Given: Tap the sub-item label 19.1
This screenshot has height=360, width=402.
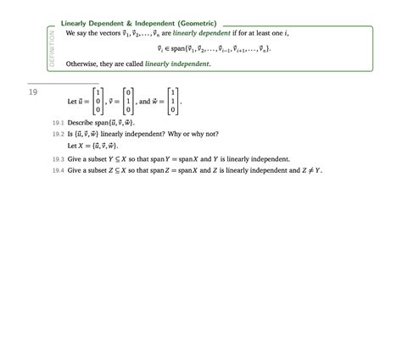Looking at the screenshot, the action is coord(58,123).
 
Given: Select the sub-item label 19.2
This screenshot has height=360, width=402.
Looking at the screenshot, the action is coord(58,134).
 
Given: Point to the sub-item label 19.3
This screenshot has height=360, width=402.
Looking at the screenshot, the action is coord(58,158).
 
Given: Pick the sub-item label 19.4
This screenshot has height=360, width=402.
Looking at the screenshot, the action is coord(58,170).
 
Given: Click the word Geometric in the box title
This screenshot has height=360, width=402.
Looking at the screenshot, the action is coord(196,23).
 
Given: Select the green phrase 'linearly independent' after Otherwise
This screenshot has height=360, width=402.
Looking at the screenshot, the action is coord(177,64).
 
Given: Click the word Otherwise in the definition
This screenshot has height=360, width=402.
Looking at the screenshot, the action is coord(82,64).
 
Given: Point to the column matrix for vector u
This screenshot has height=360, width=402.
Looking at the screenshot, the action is coord(98,101).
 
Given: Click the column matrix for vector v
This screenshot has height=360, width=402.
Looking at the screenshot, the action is coord(128,101).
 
